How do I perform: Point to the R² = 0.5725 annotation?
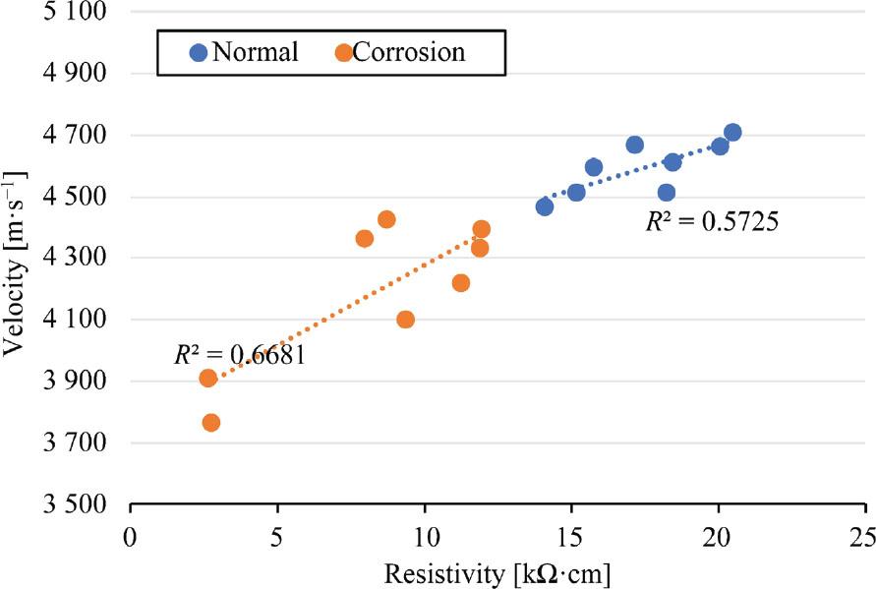tap(712, 222)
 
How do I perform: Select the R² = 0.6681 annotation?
tap(240, 355)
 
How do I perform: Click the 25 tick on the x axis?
tap(865, 539)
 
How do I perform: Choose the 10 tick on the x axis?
tap(425, 539)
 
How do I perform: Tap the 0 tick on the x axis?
tap(131, 539)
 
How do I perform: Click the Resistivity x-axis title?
tap(496, 572)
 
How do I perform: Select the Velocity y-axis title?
tap(18, 258)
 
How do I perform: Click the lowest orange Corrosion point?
tap(211, 423)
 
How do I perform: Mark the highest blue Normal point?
tap(732, 133)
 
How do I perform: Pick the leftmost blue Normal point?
tap(545, 206)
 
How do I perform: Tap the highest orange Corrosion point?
tap(386, 219)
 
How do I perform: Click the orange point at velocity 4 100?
tap(405, 320)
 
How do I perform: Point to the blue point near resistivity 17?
tap(635, 145)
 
